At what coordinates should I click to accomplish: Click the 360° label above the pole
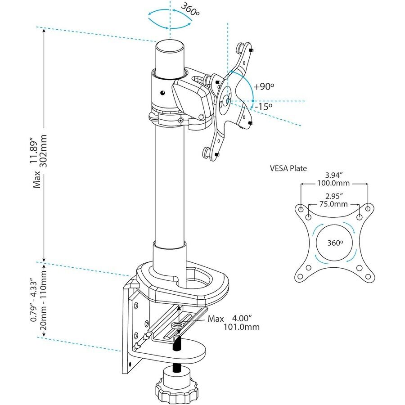(190, 10)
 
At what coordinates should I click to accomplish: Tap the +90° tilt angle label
(264, 87)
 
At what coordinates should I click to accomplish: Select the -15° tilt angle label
(263, 106)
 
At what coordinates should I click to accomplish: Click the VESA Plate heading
(288, 168)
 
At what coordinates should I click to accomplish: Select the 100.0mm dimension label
(333, 183)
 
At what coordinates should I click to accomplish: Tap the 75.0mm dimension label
(333, 204)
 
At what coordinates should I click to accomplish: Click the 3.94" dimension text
(334, 175)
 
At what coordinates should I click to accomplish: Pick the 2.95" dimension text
(334, 196)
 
